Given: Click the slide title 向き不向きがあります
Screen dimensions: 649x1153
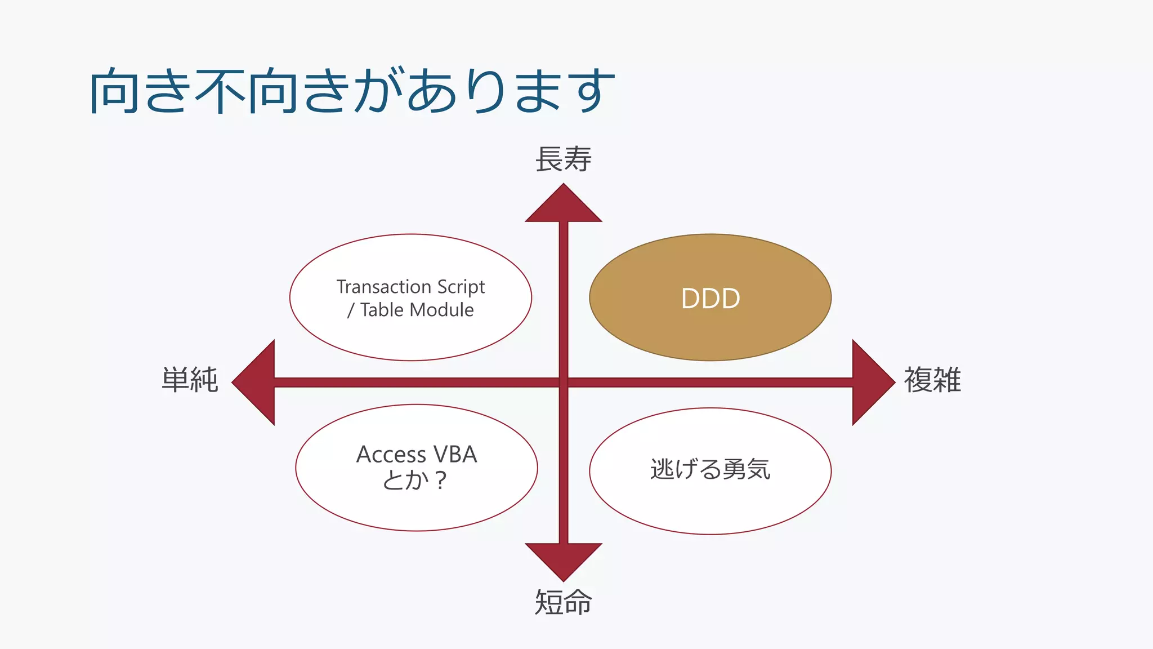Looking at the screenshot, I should click(352, 90).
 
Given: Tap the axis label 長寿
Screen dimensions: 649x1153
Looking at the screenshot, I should click(563, 159).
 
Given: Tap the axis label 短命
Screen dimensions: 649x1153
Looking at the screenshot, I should click(563, 602).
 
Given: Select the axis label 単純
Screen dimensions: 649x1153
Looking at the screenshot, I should click(190, 380).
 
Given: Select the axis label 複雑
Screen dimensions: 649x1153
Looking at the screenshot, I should click(932, 380).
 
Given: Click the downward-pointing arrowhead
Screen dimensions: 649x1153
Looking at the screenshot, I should click(564, 559).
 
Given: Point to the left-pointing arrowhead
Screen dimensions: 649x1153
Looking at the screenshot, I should click(257, 383).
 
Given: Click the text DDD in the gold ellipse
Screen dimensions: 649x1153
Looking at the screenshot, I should click(710, 298).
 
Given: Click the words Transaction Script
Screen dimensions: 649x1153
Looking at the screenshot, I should click(410, 287).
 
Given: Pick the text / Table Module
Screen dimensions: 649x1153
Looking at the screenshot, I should click(410, 310).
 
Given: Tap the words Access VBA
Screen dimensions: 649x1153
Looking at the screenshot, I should click(417, 454).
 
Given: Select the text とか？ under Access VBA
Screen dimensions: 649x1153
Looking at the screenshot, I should click(414, 480).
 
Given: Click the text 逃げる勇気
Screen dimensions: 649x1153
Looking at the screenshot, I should click(710, 469).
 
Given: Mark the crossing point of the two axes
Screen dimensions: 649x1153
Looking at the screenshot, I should click(564, 383).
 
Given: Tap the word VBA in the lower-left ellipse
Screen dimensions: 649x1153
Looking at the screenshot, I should click(454, 454).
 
